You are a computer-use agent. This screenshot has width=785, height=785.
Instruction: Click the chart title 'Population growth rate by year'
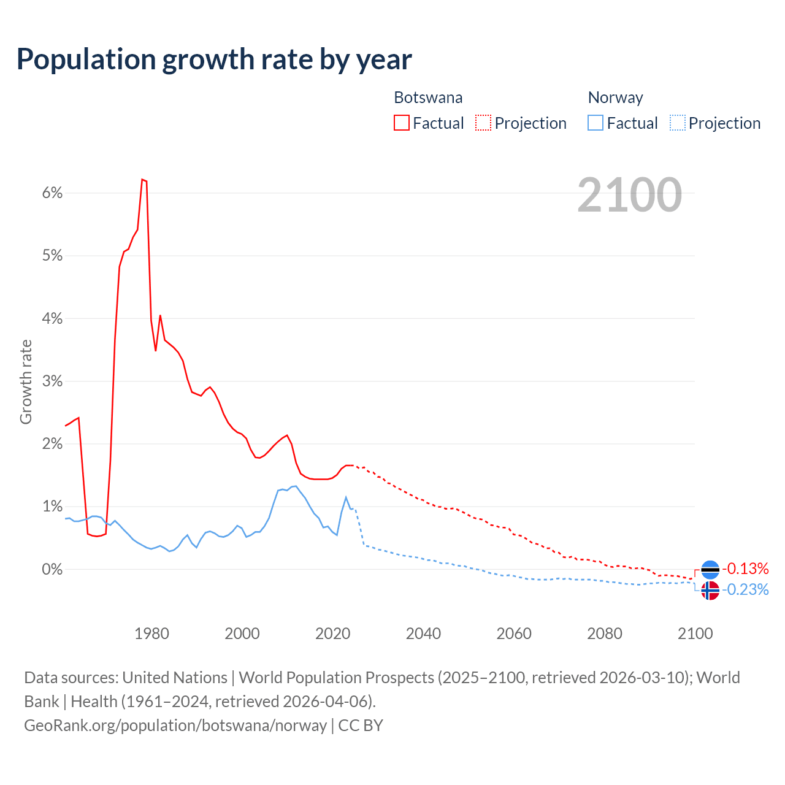pos(214,59)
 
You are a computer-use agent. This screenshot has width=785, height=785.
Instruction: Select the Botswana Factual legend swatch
pos(402,123)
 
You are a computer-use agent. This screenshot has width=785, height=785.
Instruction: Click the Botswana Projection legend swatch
pos(483,123)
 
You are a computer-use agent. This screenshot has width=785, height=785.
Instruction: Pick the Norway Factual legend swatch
pos(595,123)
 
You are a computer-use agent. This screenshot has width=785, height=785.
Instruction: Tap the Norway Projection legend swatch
pos(677,123)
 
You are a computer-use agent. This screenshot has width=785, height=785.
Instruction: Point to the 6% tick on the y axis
pos(53,193)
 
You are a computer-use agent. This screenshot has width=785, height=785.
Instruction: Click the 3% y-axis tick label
pos(53,381)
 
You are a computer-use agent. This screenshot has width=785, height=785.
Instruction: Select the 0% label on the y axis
pos(53,570)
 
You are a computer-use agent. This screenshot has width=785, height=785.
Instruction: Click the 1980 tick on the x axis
pos(151,634)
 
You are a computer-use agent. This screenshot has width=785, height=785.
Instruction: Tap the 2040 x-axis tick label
pos(423,634)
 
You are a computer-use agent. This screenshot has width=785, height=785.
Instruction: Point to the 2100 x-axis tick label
pos(695,634)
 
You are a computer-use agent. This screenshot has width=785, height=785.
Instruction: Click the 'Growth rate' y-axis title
pos(26,381)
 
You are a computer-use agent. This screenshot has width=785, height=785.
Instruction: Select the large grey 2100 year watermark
pos(629,194)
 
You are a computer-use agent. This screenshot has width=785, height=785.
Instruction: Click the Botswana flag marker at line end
pos(710,570)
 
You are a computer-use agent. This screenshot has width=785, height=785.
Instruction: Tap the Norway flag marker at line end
pos(710,591)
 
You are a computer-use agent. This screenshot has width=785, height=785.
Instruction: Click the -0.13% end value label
pos(745,569)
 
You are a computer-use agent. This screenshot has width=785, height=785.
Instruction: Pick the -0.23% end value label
pos(745,590)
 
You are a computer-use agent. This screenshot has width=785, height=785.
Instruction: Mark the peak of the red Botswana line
pos(142,180)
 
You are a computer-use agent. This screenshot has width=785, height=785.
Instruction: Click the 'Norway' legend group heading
pos(615,98)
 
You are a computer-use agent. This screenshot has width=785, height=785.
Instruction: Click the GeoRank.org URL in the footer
pos(175,726)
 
